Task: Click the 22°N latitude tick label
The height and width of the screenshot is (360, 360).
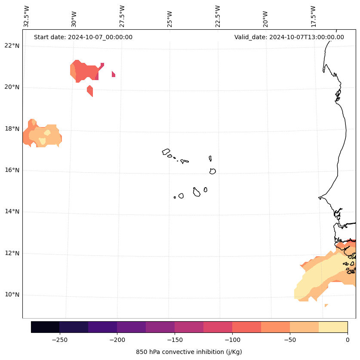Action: click(11, 46)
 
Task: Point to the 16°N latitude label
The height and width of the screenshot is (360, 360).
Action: click(11, 170)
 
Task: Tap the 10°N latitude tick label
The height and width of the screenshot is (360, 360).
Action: click(11, 295)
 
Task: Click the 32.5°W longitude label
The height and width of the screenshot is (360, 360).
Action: click(26, 16)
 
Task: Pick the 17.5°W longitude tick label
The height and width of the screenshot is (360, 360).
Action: click(314, 16)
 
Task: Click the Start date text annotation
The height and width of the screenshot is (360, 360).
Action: click(83, 37)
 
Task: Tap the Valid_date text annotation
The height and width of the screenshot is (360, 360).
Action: click(289, 37)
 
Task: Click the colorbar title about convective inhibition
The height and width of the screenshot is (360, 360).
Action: click(189, 352)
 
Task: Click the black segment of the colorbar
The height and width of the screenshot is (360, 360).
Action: click(45, 327)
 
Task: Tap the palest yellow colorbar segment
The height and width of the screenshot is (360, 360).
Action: click(333, 327)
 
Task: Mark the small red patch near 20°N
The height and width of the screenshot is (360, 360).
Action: click(90, 90)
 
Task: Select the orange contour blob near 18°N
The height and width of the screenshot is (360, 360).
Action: click(43, 134)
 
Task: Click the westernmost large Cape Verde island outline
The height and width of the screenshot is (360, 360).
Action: click(166, 152)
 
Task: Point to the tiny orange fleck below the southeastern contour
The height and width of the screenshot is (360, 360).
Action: click(326, 305)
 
